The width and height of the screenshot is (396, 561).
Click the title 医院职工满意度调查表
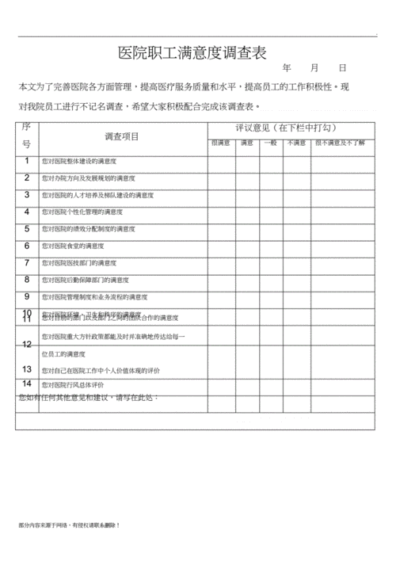192,54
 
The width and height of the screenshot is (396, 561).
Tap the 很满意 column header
220,143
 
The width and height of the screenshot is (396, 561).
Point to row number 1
26,161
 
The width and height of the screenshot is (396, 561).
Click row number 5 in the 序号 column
26,228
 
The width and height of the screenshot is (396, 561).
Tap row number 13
26,369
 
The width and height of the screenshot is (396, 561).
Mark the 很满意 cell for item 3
221,195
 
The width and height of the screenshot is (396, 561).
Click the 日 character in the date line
342,70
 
